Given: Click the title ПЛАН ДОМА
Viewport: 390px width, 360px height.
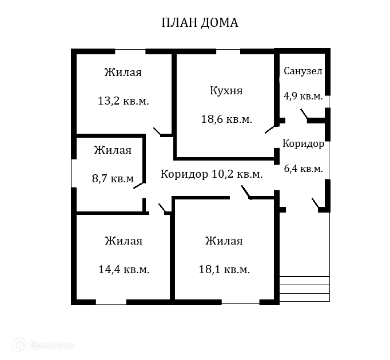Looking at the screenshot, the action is click(x=200, y=23).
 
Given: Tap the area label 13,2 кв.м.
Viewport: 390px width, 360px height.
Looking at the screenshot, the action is click(x=124, y=101).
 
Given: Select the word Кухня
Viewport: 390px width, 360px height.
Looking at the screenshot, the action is click(x=226, y=90).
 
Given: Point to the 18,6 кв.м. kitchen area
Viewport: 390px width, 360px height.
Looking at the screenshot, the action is click(x=226, y=119).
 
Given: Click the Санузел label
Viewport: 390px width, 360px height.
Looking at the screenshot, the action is click(x=303, y=71).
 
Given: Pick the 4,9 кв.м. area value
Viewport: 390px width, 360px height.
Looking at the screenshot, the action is click(x=303, y=96).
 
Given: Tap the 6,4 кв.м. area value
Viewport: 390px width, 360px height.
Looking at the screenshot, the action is click(x=303, y=169).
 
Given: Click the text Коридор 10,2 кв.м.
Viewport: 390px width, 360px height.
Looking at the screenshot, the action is click(x=212, y=174).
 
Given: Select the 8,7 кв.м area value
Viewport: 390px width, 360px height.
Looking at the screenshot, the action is click(x=113, y=179).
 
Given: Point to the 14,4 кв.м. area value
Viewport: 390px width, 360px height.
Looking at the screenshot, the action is click(x=124, y=270).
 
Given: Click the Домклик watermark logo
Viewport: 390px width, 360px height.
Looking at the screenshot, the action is click(x=43, y=345).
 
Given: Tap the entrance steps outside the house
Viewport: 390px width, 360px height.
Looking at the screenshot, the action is click(x=304, y=289).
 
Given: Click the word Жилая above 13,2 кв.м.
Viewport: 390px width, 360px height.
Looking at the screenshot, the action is click(x=123, y=73).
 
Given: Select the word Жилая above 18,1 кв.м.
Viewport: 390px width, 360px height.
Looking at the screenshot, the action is click(x=224, y=241).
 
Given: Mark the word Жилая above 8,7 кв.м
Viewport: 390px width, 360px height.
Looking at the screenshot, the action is click(x=113, y=150).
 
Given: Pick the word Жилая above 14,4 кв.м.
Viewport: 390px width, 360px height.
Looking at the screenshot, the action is click(x=124, y=241).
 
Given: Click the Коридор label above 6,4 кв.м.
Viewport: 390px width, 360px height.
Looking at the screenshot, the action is click(x=303, y=144).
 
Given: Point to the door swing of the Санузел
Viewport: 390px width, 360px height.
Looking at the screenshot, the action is click(x=304, y=117).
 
